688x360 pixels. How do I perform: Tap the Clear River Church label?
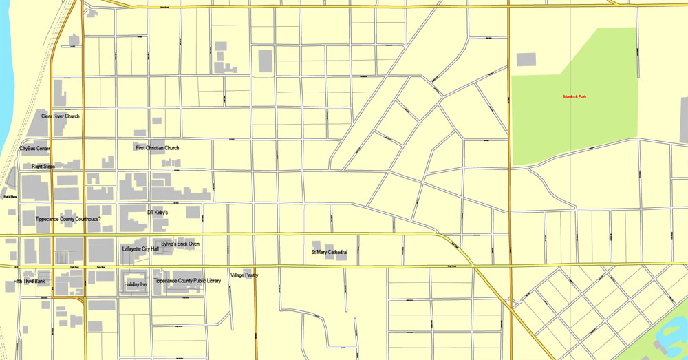pos(61,116)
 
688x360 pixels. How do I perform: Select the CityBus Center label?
pos(34,148)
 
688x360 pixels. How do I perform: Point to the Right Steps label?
pos(43,167)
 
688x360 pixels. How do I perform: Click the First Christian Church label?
pos(158,148)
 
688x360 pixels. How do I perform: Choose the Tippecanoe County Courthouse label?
pos(68,219)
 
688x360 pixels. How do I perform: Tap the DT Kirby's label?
pos(158,213)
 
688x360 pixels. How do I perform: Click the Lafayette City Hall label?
pos(140,248)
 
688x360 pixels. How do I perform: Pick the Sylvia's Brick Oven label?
pos(181,244)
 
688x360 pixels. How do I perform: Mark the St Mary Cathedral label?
pos(329,253)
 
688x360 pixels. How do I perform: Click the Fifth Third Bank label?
pos(29,281)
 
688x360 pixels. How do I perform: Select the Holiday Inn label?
pos(136,284)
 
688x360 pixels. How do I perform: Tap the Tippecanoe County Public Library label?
pos(187,281)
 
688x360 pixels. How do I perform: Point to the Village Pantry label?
pos(244,275)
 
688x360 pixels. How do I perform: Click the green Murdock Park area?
pos(599,131)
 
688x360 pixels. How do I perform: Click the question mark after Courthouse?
pos(100,219)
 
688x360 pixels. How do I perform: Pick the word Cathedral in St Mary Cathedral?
pos(336,253)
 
